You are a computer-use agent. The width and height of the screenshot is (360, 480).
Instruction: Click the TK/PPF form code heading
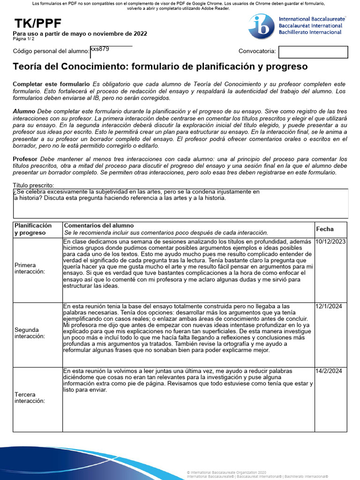pyautogui.click(x=37, y=24)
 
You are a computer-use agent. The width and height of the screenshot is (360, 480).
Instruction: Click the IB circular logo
pyautogui.click(x=262, y=26)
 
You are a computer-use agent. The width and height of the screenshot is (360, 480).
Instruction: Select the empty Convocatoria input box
pyautogui.click(x=313, y=52)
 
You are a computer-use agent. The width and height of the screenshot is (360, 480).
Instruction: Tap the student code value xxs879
pyautogui.click(x=100, y=48)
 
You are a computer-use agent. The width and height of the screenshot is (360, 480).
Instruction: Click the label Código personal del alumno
pyautogui.click(x=51, y=51)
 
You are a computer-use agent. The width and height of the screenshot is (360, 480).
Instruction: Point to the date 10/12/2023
pyautogui.click(x=331, y=241)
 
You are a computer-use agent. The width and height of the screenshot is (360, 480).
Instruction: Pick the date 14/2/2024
pyautogui.click(x=329, y=371)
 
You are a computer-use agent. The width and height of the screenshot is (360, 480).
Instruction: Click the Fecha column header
pyautogui.click(x=325, y=229)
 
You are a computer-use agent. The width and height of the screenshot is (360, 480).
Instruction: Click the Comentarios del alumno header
pyautogui.click(x=98, y=225)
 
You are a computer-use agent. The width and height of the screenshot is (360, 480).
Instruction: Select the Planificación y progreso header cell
pyautogui.click(x=33, y=229)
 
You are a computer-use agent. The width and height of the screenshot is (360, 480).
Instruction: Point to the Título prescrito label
pyautogui.click(x=34, y=186)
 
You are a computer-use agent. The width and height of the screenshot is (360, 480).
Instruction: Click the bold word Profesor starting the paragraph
pyautogui.click(x=25, y=159)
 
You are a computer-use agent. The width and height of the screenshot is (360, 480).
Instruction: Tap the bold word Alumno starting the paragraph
pyautogui.click(x=24, y=112)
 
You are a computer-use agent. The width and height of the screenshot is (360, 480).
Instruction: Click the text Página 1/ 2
pyautogui.click(x=23, y=39)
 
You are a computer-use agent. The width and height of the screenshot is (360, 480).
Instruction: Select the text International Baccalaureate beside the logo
pyautogui.click(x=313, y=19)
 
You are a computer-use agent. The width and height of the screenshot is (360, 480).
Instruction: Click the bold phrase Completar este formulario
pyautogui.click(x=51, y=84)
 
